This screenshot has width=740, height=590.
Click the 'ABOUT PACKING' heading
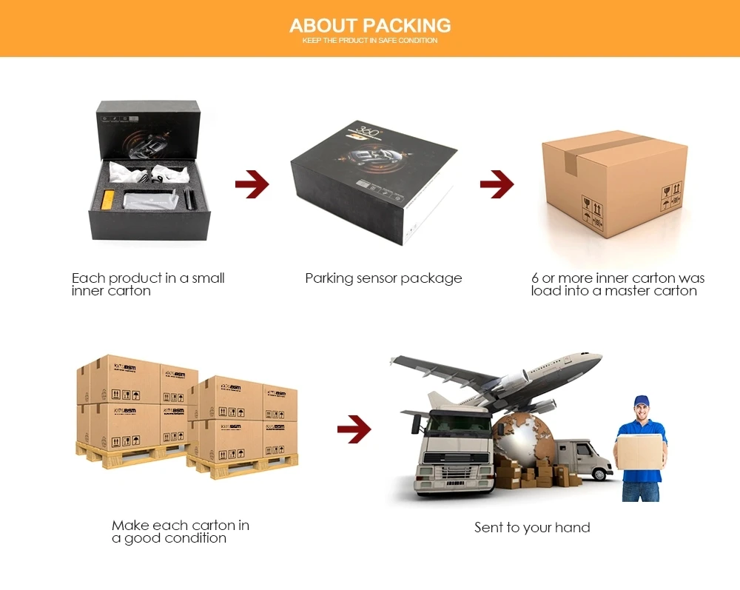tap(370, 26)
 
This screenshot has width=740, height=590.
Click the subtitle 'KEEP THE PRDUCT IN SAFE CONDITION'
tap(370, 41)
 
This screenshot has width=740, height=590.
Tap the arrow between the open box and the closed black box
tap(252, 184)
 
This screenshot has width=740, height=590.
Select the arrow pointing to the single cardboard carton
tap(497, 184)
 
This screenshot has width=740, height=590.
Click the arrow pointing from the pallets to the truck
tap(354, 429)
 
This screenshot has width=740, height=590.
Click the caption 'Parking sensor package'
tap(383, 278)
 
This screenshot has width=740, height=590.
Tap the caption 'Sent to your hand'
tap(532, 528)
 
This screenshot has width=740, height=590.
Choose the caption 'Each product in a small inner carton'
tap(148, 284)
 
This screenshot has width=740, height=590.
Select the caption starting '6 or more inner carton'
tap(617, 284)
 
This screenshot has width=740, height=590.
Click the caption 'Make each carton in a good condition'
tap(181, 532)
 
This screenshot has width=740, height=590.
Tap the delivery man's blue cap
tap(641, 401)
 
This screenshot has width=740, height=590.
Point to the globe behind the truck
tap(522, 435)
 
